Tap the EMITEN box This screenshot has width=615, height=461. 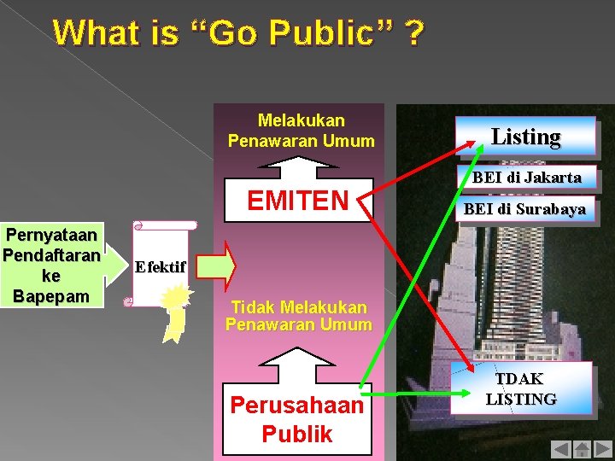297,200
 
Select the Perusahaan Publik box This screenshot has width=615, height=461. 297,419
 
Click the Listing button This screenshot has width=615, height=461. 525,137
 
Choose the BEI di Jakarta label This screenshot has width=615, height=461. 526,178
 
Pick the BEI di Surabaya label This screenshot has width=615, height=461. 524,208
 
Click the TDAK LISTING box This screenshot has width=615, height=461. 521,389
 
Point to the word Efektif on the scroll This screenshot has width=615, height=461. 160,266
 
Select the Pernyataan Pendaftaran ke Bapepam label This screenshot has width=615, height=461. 51,265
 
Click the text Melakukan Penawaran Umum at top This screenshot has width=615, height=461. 301,130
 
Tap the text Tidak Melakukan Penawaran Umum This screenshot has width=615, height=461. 298,315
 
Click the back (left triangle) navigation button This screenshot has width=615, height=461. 560,448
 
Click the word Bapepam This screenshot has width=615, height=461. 51,296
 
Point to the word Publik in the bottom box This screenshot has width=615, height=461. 297,434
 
